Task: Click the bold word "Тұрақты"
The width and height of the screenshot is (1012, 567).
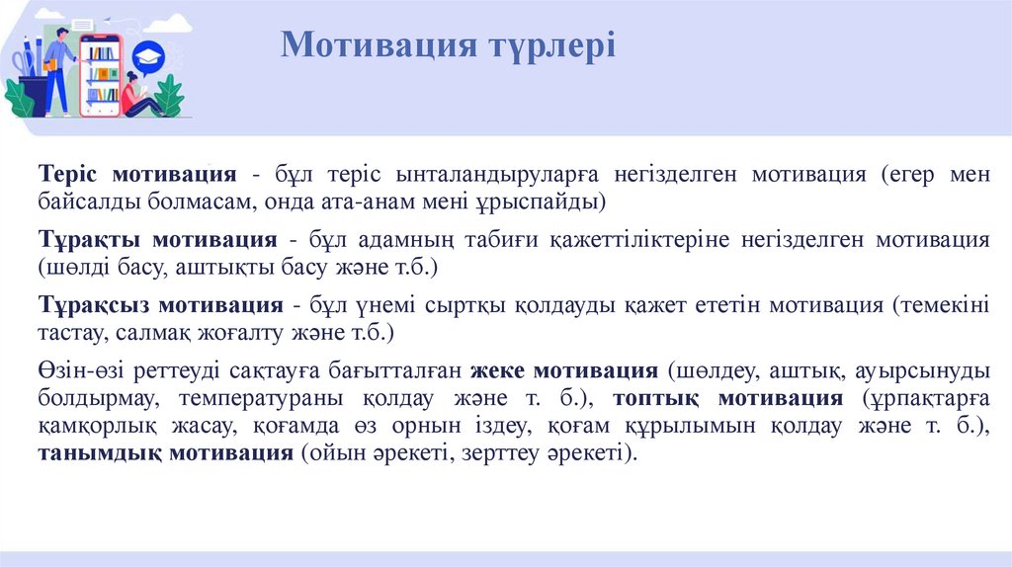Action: coord(83,239)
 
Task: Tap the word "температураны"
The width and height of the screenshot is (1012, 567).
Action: coord(262,399)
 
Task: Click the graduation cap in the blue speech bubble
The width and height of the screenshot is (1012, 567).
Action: coord(148,55)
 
